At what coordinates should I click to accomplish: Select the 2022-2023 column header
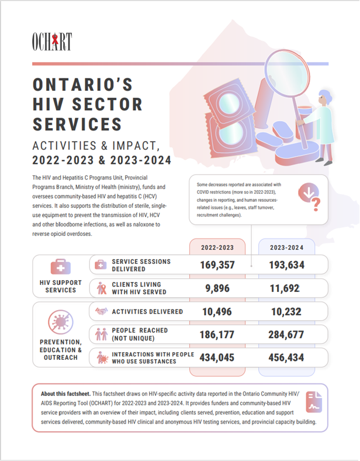pos(217,247)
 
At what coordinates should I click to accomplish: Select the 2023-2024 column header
pos(286,247)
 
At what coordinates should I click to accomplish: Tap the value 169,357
pos(217,265)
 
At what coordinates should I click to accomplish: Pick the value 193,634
pos(286,265)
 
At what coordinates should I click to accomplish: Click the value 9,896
pos(217,288)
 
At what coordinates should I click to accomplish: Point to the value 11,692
pos(286,288)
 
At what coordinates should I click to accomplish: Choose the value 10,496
pos(217,312)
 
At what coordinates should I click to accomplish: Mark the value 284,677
pos(286,335)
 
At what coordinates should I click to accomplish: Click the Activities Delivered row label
pos(147,312)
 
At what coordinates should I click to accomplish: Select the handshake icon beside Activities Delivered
pos(102,312)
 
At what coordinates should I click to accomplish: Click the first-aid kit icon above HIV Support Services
pos(61,268)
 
